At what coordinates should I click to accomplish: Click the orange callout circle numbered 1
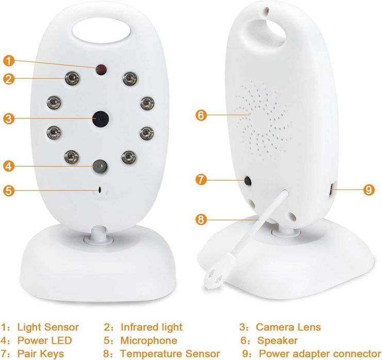[x=9, y=61]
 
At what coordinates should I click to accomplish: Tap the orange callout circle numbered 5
[x=9, y=191]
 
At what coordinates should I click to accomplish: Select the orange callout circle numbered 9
[x=369, y=190]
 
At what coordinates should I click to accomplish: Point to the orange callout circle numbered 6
[x=201, y=115]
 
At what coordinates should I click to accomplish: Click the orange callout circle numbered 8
[x=201, y=219]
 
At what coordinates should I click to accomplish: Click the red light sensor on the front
[x=101, y=70]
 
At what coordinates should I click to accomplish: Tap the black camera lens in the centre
[x=101, y=119]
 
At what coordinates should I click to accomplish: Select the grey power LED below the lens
[x=100, y=166]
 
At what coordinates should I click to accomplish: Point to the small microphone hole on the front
[x=99, y=190]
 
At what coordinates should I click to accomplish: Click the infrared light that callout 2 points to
[x=72, y=78]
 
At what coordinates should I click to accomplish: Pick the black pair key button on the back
[x=248, y=181]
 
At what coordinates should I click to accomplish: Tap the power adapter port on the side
[x=332, y=190]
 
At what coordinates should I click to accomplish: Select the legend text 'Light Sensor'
[x=48, y=327]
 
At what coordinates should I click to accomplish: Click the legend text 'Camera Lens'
[x=288, y=327]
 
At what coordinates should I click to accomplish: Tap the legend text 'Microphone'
[x=148, y=340]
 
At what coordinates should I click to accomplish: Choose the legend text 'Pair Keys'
[x=41, y=354]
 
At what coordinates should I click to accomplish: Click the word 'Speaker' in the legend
[x=277, y=341]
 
